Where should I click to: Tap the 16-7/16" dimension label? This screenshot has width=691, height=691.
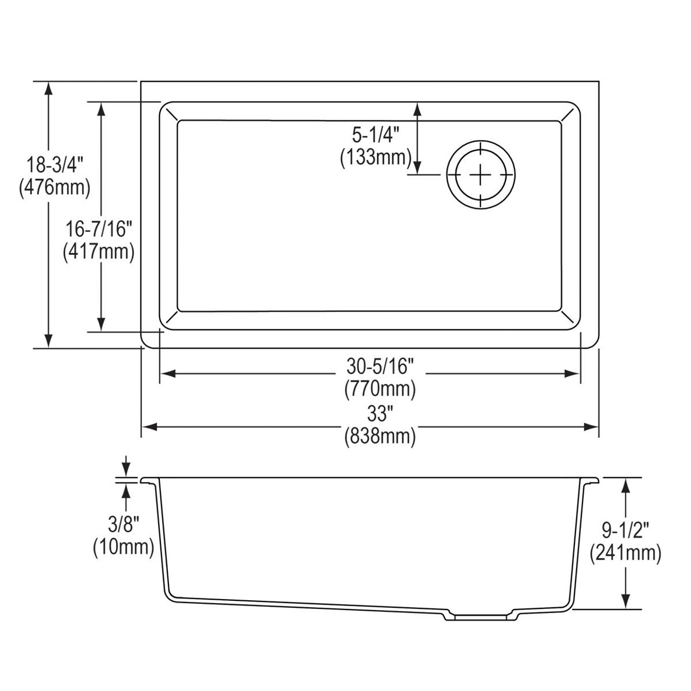[99, 229]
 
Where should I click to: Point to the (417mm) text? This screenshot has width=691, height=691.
[99, 252]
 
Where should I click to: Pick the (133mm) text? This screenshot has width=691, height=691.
[376, 157]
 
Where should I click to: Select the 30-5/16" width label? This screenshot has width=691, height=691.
[380, 367]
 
